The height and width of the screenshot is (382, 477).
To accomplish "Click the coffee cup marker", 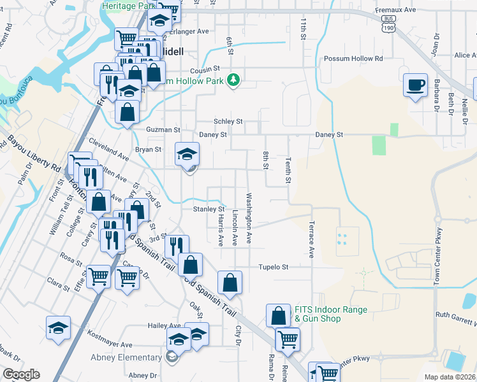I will pos(416,85).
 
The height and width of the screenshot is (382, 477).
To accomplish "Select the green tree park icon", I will pos(234,80).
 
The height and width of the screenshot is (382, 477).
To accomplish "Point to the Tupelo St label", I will pos(274,267).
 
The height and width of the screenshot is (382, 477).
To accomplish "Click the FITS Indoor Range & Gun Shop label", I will pos(330,314).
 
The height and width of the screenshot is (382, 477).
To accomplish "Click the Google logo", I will pos(21,374).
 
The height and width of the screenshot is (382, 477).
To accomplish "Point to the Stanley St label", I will pos(209,209).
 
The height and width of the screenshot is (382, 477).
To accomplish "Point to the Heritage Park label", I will pos(129,5).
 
